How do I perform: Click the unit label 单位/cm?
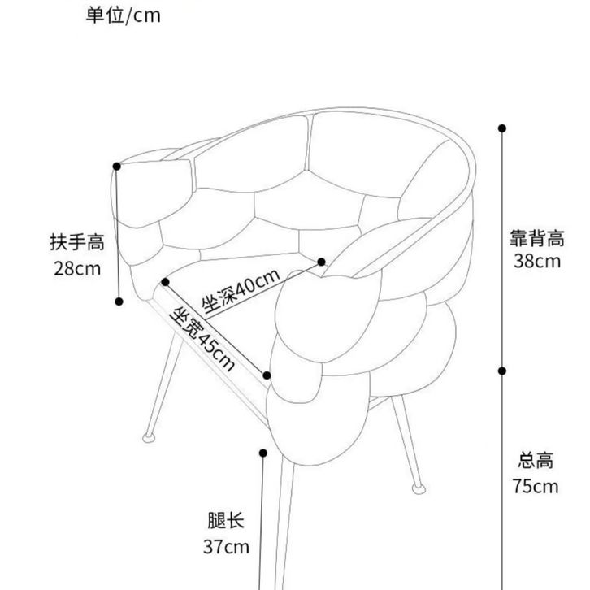pyautogui.click(x=123, y=15)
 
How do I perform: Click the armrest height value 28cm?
pyautogui.click(x=77, y=269)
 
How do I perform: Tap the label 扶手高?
pyautogui.click(x=77, y=242)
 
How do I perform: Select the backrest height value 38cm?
pyautogui.click(x=537, y=261)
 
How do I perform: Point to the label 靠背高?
pyautogui.click(x=537, y=238)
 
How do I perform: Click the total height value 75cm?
pyautogui.click(x=536, y=486)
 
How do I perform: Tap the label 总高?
pyautogui.click(x=536, y=460)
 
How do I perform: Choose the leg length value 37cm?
pyautogui.click(x=226, y=547)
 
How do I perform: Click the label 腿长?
pyautogui.click(x=226, y=520)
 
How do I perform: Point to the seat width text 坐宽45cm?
pyautogui.click(x=203, y=338)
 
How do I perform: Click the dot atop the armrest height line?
pyautogui.click(x=117, y=167)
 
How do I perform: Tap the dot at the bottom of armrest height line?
pyautogui.click(x=119, y=302)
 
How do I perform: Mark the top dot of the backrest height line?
pyautogui.click(x=502, y=128)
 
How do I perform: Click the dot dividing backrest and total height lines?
pyautogui.click(x=502, y=371)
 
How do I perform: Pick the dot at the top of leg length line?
pyautogui.click(x=263, y=453)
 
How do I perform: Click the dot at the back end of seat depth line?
pyautogui.click(x=321, y=262)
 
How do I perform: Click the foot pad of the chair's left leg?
pyautogui.click(x=149, y=437)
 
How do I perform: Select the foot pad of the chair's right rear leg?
pyautogui.click(x=419, y=488)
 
